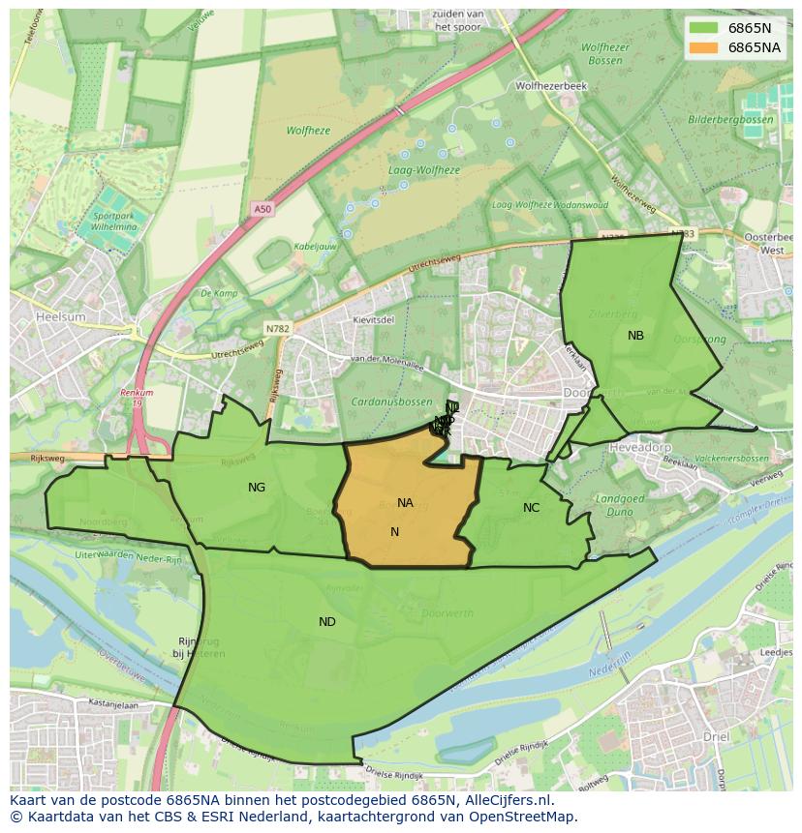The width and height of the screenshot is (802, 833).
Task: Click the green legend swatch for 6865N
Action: click(704, 28)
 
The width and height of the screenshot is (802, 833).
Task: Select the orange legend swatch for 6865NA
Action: click(704, 46)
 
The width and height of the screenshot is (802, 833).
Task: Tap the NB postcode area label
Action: click(635, 336)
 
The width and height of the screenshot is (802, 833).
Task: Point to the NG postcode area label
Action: click(257, 488)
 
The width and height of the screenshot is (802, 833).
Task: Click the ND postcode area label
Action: click(327, 621)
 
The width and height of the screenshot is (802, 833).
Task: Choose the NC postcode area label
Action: click(531, 508)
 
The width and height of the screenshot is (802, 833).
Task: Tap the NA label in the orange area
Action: click(405, 503)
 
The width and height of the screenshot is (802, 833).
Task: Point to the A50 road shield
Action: click(262, 209)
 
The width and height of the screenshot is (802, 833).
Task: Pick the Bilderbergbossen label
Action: click(730, 120)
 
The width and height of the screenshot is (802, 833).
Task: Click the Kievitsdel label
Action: click(374, 319)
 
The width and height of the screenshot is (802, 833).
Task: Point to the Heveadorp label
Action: click(639, 447)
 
